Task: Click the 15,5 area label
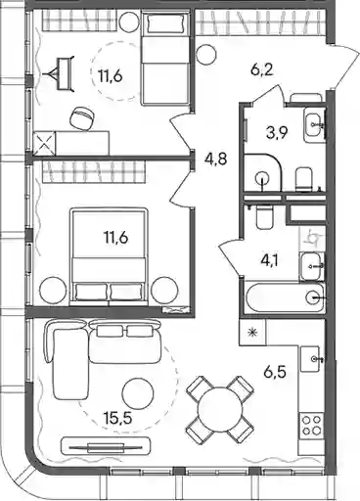[x=118, y=418]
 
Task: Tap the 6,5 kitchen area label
[x=275, y=372]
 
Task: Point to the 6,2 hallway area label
[x=261, y=69]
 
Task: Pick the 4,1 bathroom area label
[x=269, y=260]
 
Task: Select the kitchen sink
[x=312, y=359]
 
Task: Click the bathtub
[x=285, y=298]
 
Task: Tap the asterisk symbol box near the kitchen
[x=252, y=333]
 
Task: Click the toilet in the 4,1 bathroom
[x=264, y=216]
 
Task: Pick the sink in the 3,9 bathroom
[x=314, y=125]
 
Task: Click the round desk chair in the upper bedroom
[x=82, y=119]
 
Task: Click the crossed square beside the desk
[x=44, y=143]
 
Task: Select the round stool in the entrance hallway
[x=206, y=55]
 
